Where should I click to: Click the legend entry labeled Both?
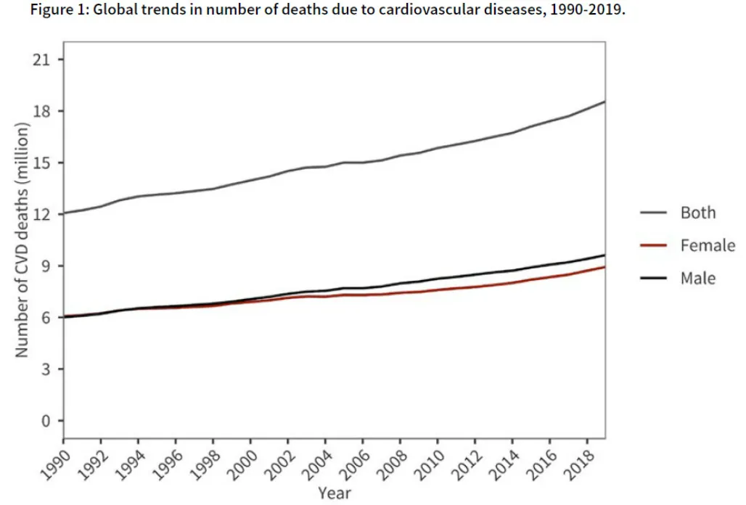697,213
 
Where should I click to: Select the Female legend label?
708,245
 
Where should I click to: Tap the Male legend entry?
697,278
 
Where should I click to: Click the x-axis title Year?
335,493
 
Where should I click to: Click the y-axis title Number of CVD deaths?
22,239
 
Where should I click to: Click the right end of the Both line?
604,102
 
